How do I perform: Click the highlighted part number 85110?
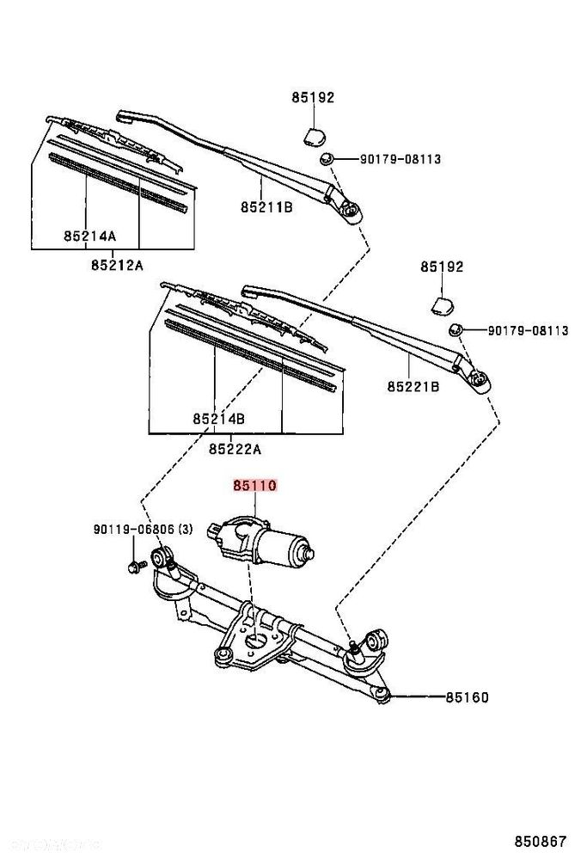[254, 486]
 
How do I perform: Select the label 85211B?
[266, 207]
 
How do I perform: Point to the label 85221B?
[413, 387]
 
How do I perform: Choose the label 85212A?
[116, 265]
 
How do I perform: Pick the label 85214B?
[219, 419]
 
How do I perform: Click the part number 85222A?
[235, 449]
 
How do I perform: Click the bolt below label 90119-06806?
[134, 566]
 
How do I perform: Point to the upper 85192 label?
[312, 98]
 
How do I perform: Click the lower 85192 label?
[442, 267]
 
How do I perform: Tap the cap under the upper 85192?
[314, 133]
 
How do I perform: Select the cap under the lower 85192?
[443, 304]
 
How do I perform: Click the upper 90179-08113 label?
[400, 159]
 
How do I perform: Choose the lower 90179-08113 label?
[528, 330]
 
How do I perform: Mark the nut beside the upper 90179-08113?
[327, 159]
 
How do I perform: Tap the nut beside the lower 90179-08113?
[456, 330]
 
